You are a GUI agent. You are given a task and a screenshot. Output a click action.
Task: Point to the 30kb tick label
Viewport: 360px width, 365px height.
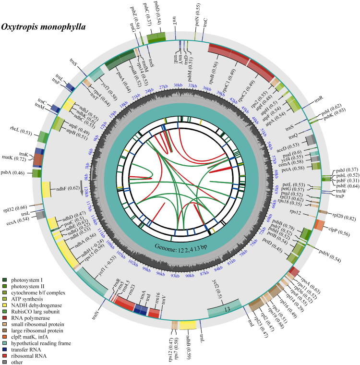point(178,85)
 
